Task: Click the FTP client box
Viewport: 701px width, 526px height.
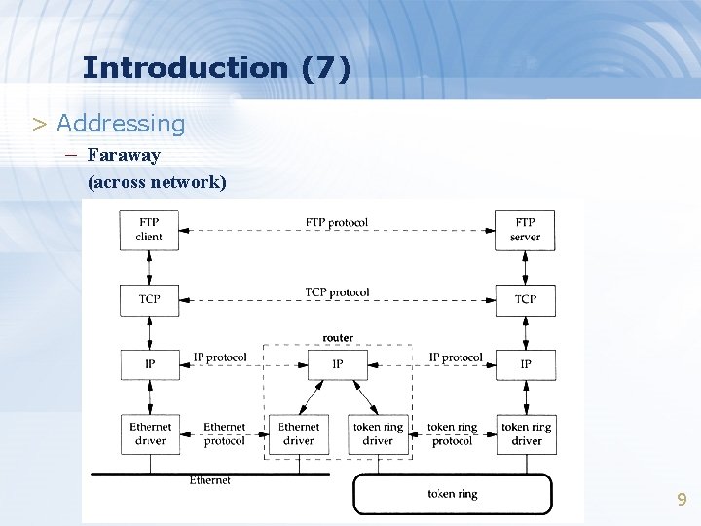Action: [149, 230]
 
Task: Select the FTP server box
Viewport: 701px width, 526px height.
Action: [525, 230]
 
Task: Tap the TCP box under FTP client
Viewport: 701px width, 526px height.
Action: [149, 300]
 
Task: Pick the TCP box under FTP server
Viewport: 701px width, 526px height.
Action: [525, 300]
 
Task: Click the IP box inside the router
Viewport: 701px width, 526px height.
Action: [337, 364]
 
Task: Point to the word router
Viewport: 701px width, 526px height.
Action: [338, 338]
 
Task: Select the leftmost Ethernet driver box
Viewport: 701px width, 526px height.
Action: [150, 433]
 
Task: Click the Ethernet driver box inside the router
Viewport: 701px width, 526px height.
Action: [299, 433]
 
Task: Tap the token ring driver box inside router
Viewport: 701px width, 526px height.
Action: [378, 433]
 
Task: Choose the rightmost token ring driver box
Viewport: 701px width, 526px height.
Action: [526, 433]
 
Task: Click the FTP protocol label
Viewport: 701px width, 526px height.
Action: [337, 223]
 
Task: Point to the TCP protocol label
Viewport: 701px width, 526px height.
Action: [337, 292]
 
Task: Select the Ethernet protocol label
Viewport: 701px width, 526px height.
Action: [225, 433]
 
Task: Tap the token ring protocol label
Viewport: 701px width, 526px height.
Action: [452, 433]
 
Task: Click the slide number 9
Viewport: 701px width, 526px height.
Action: [682, 500]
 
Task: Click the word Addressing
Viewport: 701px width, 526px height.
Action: [121, 124]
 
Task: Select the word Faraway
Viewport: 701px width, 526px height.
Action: [124, 155]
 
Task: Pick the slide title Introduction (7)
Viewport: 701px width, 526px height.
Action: [216, 68]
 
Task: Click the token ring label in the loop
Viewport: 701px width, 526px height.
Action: [452, 494]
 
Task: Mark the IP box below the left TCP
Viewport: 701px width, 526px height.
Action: [149, 364]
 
